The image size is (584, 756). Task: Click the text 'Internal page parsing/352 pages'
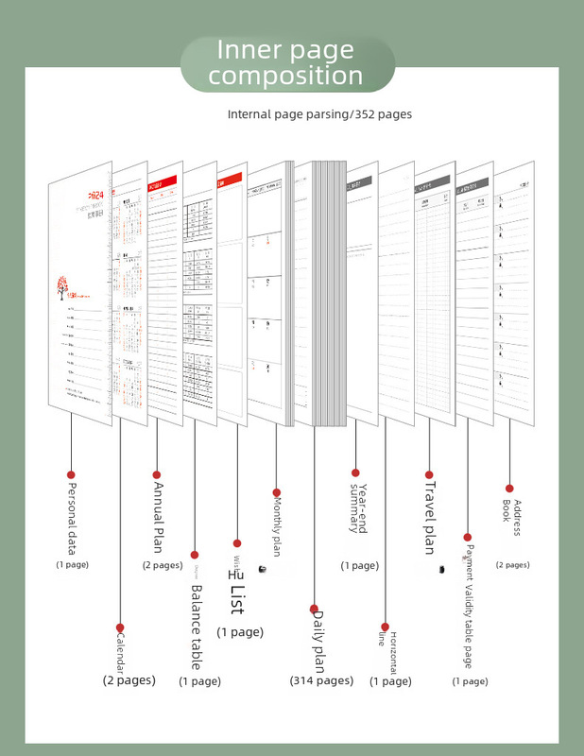point(319,114)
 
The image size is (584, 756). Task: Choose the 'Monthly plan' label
point(276,524)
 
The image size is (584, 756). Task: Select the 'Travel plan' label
point(429,519)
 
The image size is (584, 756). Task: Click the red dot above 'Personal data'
point(71,474)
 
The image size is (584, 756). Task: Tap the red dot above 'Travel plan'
point(429,474)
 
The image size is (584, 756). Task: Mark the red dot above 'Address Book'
point(510,489)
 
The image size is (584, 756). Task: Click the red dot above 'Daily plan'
point(315,609)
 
